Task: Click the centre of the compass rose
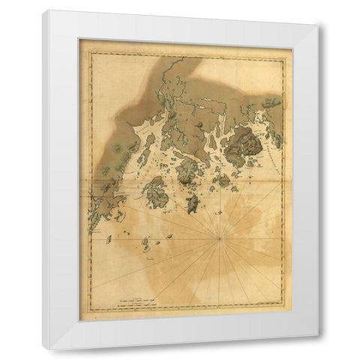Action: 219,238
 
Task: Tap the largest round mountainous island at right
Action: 244,146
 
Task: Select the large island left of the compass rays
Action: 157,193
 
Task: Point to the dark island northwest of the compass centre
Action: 192,202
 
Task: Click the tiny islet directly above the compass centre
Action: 219,212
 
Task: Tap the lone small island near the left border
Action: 109,239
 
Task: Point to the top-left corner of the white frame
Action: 43,10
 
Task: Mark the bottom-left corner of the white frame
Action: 43,349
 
